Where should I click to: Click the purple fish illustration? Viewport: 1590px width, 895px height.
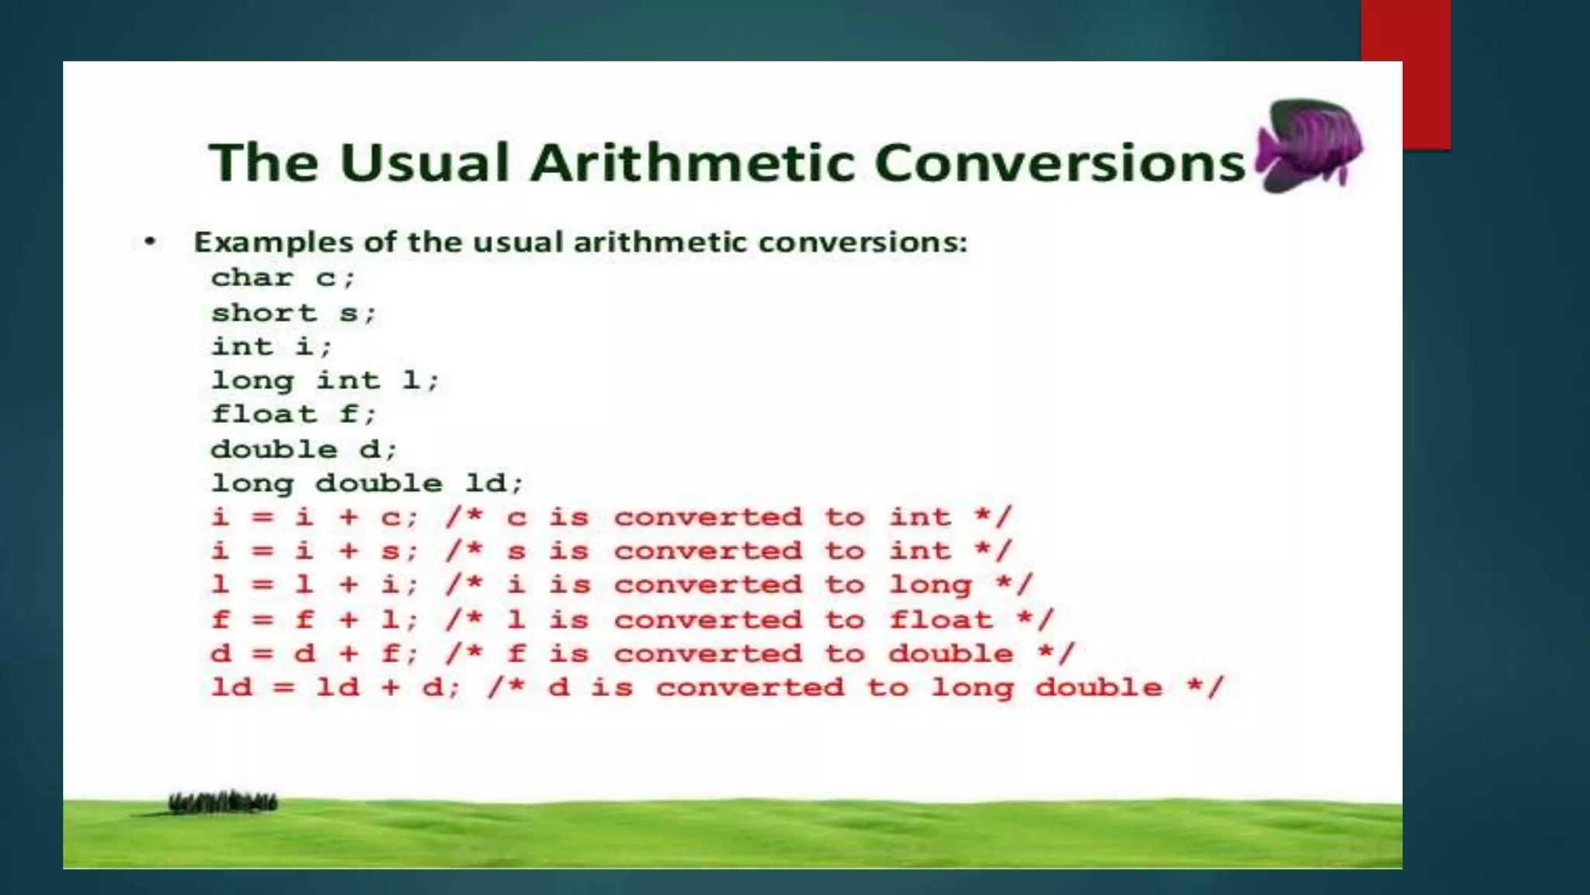[x=1311, y=145]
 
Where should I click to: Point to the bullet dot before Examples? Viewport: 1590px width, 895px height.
[x=151, y=242]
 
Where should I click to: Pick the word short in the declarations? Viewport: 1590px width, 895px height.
[x=265, y=313]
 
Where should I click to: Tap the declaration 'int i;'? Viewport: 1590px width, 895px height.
[x=272, y=347]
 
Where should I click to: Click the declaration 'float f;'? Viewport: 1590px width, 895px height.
[x=293, y=414]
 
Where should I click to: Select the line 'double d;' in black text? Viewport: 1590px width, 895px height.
[x=304, y=449]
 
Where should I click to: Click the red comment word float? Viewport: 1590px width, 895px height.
[x=941, y=620]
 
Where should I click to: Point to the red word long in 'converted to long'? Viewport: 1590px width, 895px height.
[x=930, y=585]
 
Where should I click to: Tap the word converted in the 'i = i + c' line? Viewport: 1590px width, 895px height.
[x=707, y=517]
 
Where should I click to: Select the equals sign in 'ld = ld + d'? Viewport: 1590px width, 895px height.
[x=284, y=688]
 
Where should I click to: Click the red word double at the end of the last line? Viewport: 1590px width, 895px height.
[x=1099, y=688]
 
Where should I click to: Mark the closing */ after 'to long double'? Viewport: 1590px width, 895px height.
[x=1205, y=688]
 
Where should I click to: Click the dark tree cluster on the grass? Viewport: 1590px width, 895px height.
[x=223, y=803]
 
